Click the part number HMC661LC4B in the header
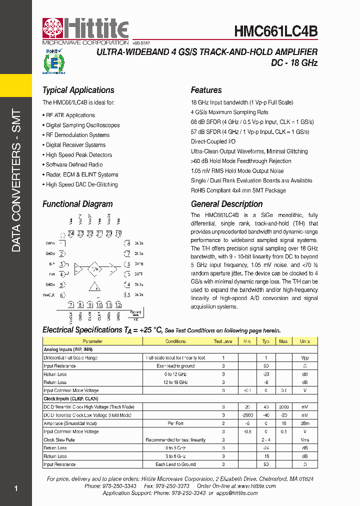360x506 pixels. pyautogui.click(x=276, y=31)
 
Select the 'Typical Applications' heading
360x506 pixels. pyautogui.click(x=78, y=90)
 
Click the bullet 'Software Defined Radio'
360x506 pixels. pyautogui.click(x=74, y=164)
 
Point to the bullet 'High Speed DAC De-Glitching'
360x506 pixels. pyautogui.click(x=81, y=184)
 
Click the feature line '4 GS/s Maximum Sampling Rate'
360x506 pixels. pyautogui.click(x=229, y=112)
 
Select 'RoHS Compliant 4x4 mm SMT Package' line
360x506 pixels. pyautogui.click(x=238, y=190)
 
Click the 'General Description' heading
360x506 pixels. pyautogui.click(x=226, y=204)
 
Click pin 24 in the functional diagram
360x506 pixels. pyautogui.click(x=71, y=233)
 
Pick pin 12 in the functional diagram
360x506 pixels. pyautogui.click(x=118, y=304)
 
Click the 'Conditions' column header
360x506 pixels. pyautogui.click(x=175, y=341)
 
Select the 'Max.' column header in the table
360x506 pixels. pyautogui.click(x=283, y=341)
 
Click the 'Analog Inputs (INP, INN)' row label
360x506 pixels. pyautogui.click(x=68, y=349)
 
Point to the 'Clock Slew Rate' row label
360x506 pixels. pyautogui.click(x=59, y=440)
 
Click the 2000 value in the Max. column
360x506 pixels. pyautogui.click(x=283, y=407)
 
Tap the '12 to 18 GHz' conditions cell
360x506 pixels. pyautogui.click(x=175, y=382)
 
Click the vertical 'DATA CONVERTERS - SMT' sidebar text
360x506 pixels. pyautogui.click(x=16, y=180)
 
